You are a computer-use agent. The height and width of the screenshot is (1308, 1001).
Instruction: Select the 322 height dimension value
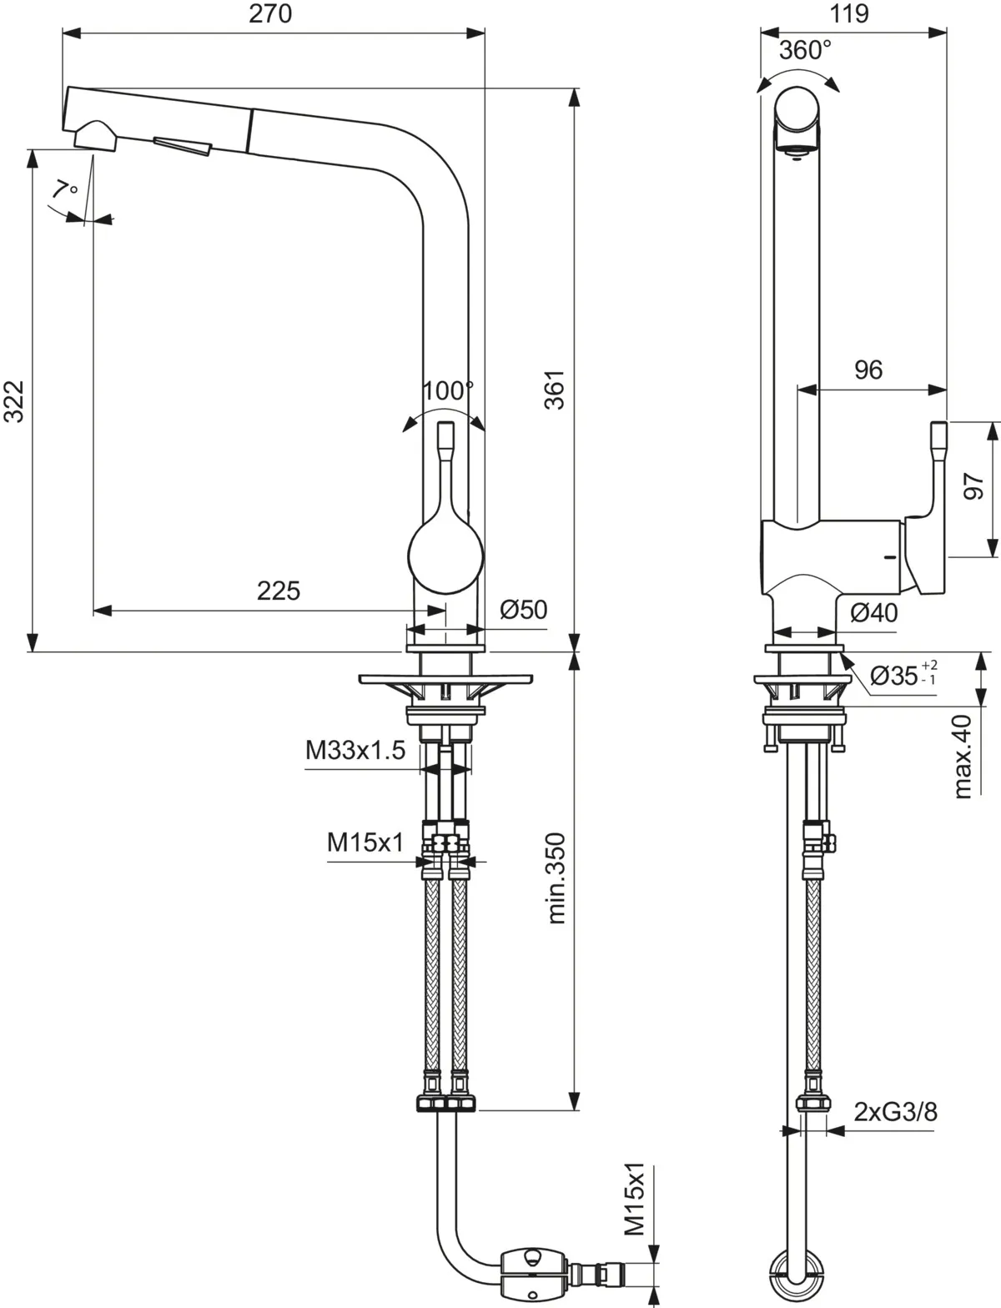point(14,401)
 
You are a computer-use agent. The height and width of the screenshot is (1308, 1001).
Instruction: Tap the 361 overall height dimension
point(554,389)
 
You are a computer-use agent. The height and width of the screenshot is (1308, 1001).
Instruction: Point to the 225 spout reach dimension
point(278,591)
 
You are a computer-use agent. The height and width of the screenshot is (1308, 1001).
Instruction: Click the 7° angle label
point(63,189)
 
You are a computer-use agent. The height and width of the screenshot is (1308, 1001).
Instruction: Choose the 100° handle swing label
point(447,390)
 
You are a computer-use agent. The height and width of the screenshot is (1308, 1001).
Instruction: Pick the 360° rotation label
point(805,50)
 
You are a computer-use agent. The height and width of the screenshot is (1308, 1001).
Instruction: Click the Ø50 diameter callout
point(524,610)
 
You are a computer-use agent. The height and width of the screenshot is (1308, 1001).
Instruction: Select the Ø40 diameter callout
point(873,613)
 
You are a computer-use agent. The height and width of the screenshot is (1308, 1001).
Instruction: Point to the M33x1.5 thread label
point(355,751)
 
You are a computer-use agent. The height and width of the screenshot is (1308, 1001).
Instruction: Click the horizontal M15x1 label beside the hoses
point(365,843)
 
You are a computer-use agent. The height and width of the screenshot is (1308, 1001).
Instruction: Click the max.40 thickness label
point(963,756)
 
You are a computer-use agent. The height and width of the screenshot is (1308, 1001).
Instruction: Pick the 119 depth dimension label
point(850,14)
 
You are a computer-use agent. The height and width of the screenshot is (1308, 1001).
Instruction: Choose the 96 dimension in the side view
point(868,370)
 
